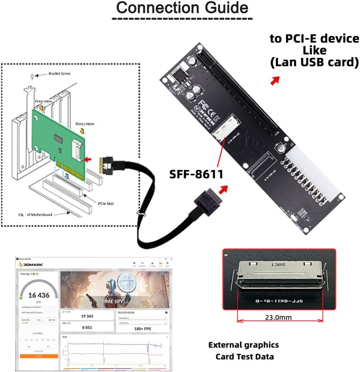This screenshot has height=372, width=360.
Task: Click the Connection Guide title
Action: [182, 8]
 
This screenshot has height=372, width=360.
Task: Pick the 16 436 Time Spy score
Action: [39, 295]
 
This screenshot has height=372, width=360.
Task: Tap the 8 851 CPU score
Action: [87, 327]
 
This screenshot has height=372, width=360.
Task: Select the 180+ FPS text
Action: [142, 328]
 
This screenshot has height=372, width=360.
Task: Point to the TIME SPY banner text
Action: [113, 302]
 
